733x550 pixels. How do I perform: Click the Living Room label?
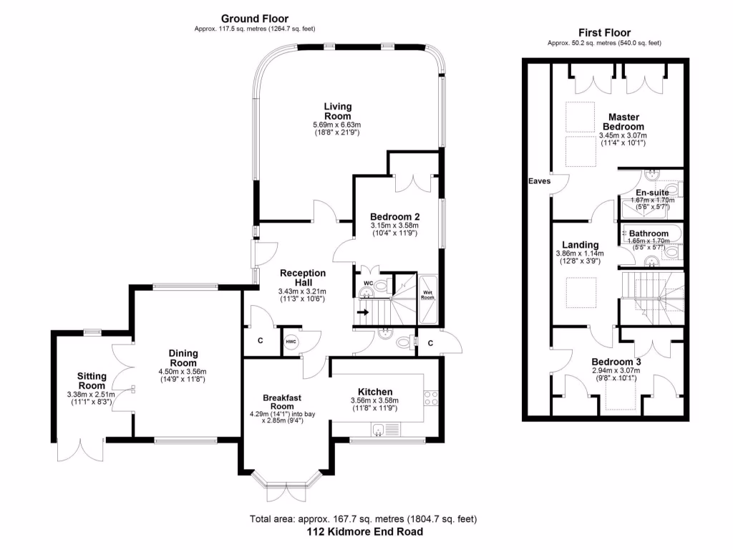point(337,111)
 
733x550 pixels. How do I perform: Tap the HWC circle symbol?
point(291,341)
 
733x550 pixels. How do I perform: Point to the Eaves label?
point(540,181)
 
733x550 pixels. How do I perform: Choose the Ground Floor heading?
point(254,19)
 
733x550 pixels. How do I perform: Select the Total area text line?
point(363,519)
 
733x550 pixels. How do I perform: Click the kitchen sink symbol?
point(381,428)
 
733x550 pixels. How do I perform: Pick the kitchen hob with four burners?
point(432,398)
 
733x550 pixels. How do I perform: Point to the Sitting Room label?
point(92,381)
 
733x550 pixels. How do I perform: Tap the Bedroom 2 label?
point(394,216)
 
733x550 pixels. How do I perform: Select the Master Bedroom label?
point(623,122)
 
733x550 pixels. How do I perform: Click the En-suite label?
point(651,193)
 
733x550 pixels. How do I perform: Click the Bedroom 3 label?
point(616,362)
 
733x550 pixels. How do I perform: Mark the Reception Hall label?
point(302,278)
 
